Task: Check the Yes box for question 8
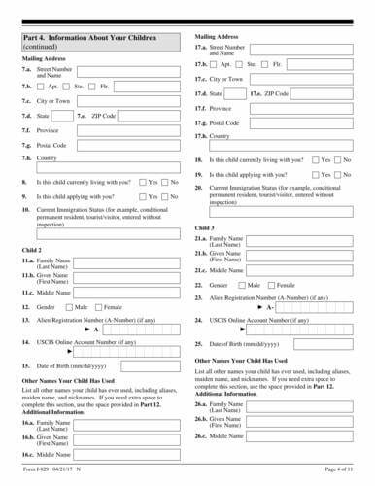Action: tap(142, 182)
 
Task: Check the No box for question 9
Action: tap(164, 196)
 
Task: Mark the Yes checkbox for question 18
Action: tap(314, 158)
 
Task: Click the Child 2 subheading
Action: tap(32, 250)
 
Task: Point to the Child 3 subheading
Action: tap(204, 226)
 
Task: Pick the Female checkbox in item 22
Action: tap(271, 285)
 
